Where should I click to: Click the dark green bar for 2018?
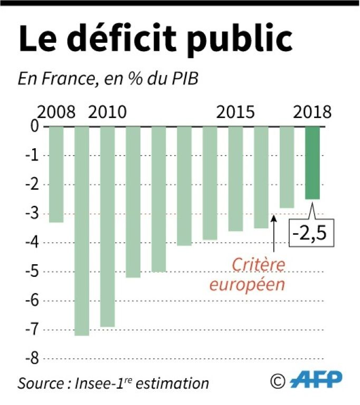point(312,163)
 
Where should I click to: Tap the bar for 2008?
point(56,174)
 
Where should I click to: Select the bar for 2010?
point(108,226)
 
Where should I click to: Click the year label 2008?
point(56,113)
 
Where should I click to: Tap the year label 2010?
point(107,113)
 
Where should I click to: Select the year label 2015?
point(235,113)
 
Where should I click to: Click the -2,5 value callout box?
point(312,232)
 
